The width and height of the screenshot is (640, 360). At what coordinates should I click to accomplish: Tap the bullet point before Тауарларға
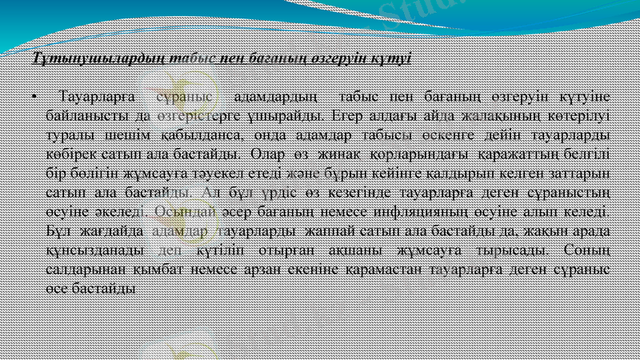34,98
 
